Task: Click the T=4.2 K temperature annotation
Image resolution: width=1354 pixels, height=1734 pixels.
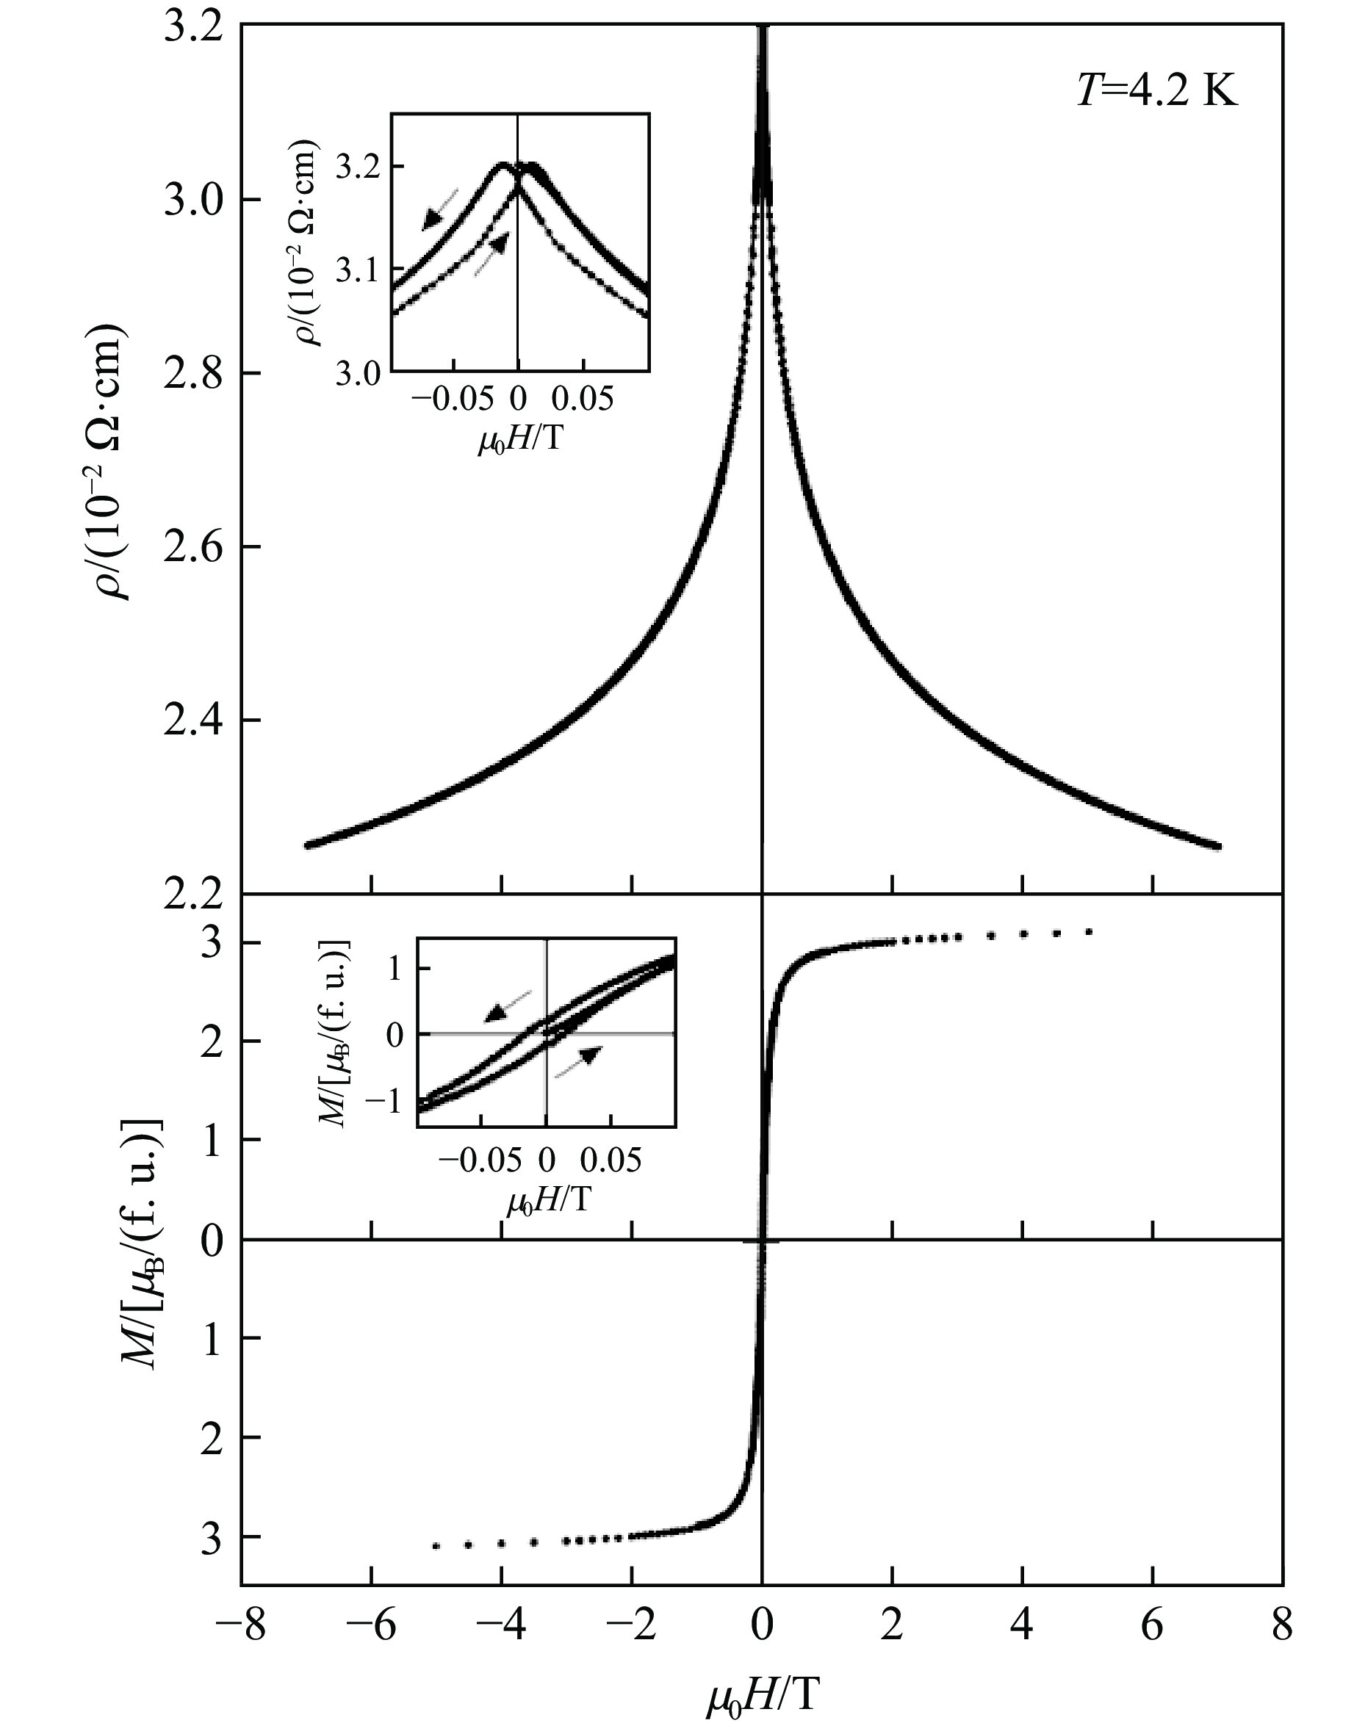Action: click(x=1156, y=93)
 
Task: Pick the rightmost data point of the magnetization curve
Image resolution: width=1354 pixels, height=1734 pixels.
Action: click(x=1090, y=931)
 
